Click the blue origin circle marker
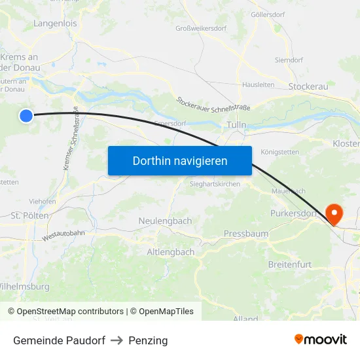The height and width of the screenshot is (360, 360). pos(26,116)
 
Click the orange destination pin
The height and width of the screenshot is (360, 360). pos(334,213)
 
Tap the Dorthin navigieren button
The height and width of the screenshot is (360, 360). pos(180,160)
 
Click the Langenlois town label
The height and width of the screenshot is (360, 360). pos(55,24)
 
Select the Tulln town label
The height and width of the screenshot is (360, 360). pos(236,124)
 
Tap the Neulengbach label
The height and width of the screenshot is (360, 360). pos(165,221)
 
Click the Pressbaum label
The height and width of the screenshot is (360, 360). pos(246,233)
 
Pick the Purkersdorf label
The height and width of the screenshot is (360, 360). pos(293,213)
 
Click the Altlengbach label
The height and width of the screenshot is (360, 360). pos(170,252)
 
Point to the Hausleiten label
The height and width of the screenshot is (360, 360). pos(259,84)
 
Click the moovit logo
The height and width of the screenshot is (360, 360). pos(321,339)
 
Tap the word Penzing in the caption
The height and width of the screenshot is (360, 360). pos(148,340)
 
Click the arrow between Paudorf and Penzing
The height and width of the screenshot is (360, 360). pos(117,340)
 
